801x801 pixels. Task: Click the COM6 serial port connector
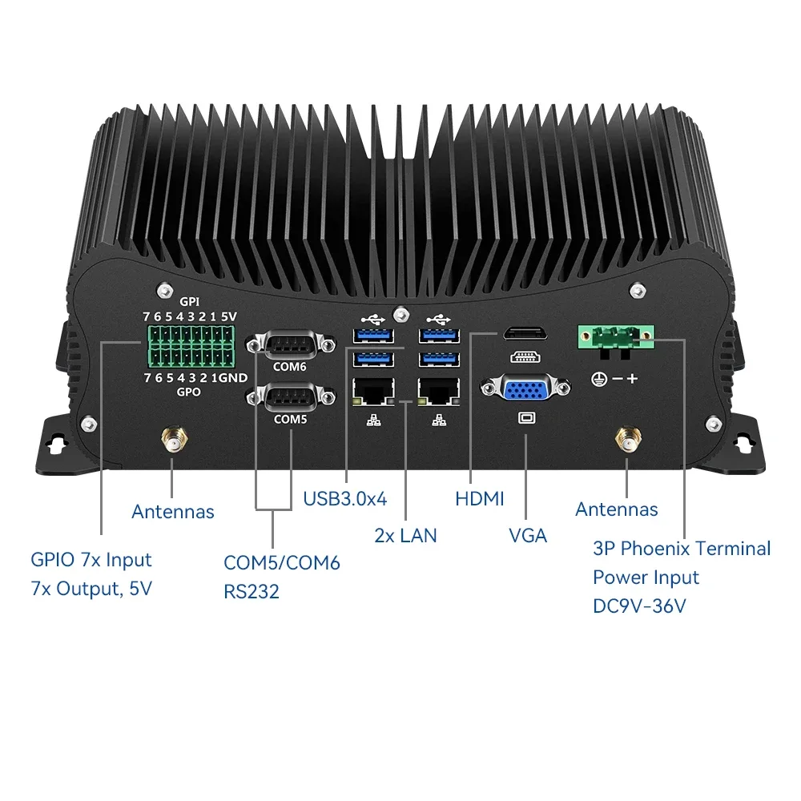pyautogui.click(x=290, y=345)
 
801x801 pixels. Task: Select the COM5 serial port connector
pyautogui.click(x=290, y=397)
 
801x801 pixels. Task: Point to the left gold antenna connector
pyautogui.click(x=173, y=440)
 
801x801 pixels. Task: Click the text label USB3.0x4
pyautogui.click(x=344, y=498)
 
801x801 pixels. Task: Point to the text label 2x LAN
pyautogui.click(x=405, y=535)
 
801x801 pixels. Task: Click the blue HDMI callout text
pyautogui.click(x=480, y=498)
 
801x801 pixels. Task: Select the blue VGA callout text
pyautogui.click(x=528, y=535)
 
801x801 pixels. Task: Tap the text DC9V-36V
pyautogui.click(x=639, y=606)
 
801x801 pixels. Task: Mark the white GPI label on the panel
pyautogui.click(x=190, y=301)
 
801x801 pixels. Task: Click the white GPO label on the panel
pyautogui.click(x=190, y=392)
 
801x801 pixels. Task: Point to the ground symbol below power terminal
pyautogui.click(x=597, y=377)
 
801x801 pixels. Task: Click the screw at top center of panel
pyautogui.click(x=398, y=310)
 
